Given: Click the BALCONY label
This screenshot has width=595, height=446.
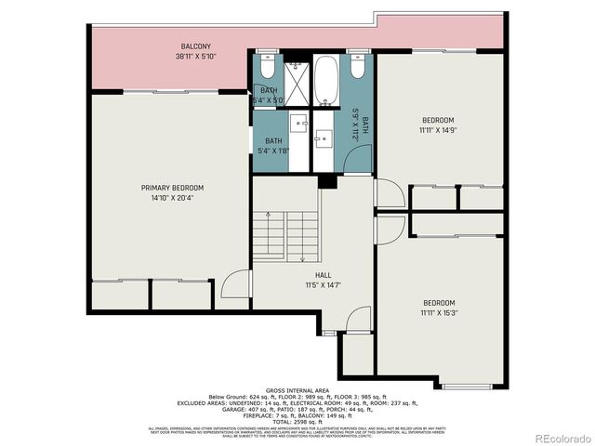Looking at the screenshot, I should [x=194, y=46].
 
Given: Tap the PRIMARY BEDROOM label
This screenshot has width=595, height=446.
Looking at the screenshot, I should [x=172, y=188].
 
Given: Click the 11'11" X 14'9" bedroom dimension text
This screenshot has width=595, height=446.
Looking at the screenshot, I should [x=438, y=130].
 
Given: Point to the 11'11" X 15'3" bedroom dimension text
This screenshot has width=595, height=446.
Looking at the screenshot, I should [x=438, y=313].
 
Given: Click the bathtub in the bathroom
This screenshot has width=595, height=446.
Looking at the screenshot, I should [x=326, y=83].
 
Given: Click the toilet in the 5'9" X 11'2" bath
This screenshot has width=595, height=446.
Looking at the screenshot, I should [x=357, y=67].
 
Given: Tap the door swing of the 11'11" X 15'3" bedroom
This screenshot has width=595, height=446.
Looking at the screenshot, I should [x=390, y=228].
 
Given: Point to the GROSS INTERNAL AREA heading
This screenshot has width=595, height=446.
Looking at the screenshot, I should [x=297, y=390].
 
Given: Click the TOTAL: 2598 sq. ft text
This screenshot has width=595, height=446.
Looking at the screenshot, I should [x=297, y=421].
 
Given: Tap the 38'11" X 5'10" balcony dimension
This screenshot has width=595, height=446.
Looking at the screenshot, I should [x=194, y=56].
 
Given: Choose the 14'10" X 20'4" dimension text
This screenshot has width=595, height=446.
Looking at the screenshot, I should [x=172, y=198].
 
